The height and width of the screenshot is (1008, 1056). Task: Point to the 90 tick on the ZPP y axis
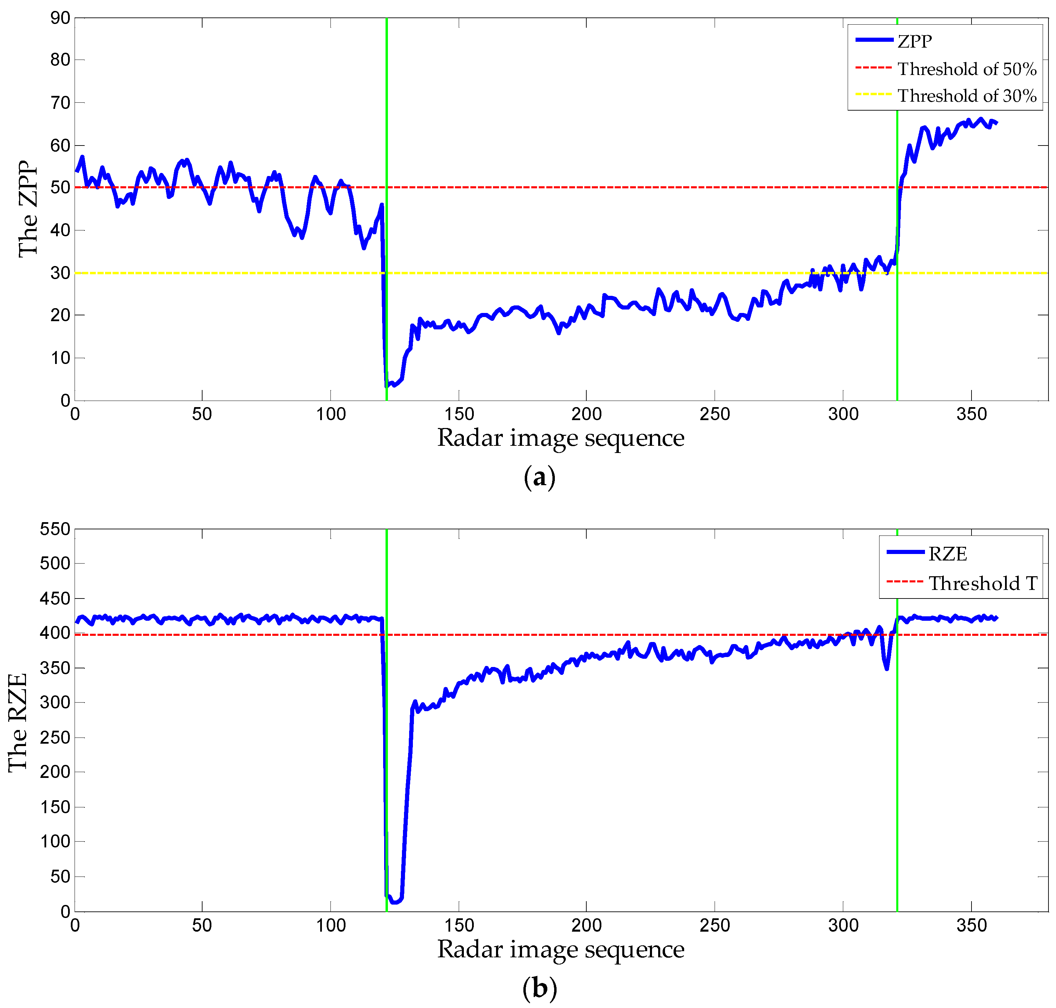[60, 18]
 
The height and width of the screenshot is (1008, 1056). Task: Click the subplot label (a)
[539, 477]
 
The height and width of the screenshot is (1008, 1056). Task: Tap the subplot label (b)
[539, 987]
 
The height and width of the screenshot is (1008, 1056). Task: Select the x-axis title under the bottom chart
[560, 949]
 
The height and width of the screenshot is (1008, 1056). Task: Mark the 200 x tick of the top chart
[586, 414]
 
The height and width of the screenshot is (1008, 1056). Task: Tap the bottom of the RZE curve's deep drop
[395, 902]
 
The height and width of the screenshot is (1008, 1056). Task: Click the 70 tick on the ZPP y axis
[60, 103]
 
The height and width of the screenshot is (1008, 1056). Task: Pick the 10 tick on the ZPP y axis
[60, 358]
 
